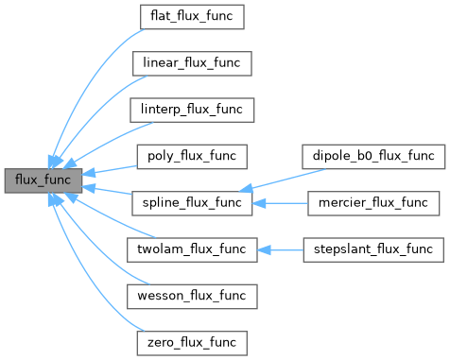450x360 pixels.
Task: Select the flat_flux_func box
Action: click(x=191, y=17)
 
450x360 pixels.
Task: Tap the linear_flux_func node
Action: click(x=191, y=63)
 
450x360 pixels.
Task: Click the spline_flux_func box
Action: click(x=191, y=202)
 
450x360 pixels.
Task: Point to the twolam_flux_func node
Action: click(x=191, y=249)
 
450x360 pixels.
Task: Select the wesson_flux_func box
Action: click(x=191, y=295)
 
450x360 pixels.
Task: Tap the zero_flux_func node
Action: click(x=191, y=340)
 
